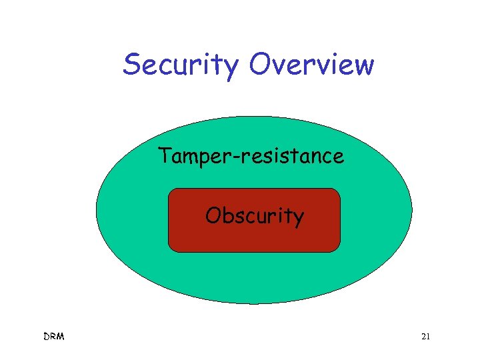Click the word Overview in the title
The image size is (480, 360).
click(311, 65)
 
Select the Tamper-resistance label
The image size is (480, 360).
click(251, 156)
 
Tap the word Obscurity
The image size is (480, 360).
click(254, 216)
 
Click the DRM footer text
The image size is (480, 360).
click(53, 337)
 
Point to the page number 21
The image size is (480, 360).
click(425, 337)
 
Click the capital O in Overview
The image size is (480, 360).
click(260, 65)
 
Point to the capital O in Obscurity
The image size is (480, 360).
click(213, 215)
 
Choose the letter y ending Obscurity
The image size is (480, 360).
click(298, 219)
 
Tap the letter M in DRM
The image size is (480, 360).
click(61, 337)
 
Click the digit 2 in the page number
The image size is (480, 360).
click(423, 337)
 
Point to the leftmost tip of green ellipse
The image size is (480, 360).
click(97, 211)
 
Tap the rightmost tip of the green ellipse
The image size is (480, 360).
click(412, 211)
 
